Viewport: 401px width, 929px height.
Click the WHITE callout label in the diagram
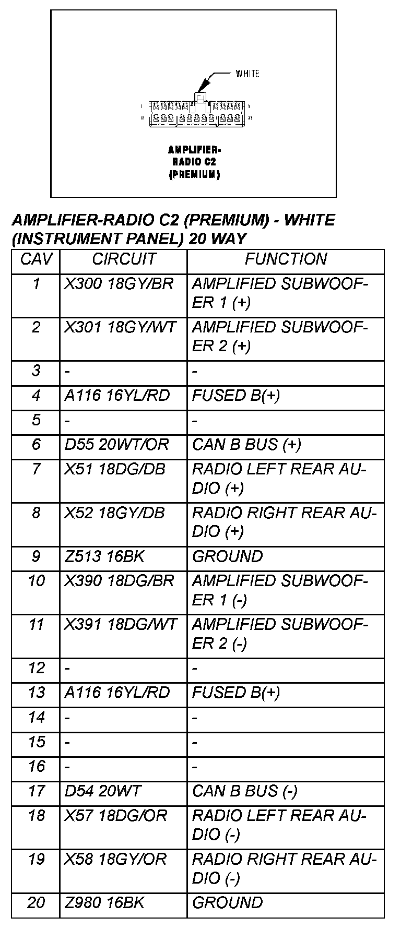coord(247,74)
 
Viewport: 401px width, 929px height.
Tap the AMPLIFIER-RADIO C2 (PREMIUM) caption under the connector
coord(194,162)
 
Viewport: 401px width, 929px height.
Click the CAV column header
coord(36,259)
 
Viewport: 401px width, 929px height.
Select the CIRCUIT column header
coord(124,259)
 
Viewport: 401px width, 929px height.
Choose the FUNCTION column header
coord(286,259)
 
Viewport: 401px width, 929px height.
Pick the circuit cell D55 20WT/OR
coord(116,445)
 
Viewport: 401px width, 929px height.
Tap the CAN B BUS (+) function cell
coord(246,445)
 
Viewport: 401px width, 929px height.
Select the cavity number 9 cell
coord(36,556)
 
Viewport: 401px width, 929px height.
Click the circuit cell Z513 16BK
coord(104,556)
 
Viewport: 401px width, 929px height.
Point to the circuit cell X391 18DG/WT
coord(121,625)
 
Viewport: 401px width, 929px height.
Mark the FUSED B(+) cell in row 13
coord(236,693)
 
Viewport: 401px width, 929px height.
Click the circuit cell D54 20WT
coord(102,791)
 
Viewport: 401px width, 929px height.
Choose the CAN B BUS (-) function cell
coord(245,791)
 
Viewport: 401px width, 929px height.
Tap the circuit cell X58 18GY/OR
coord(115,859)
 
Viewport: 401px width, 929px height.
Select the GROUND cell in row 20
coord(228,903)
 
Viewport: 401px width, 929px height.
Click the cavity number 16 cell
coord(37,767)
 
